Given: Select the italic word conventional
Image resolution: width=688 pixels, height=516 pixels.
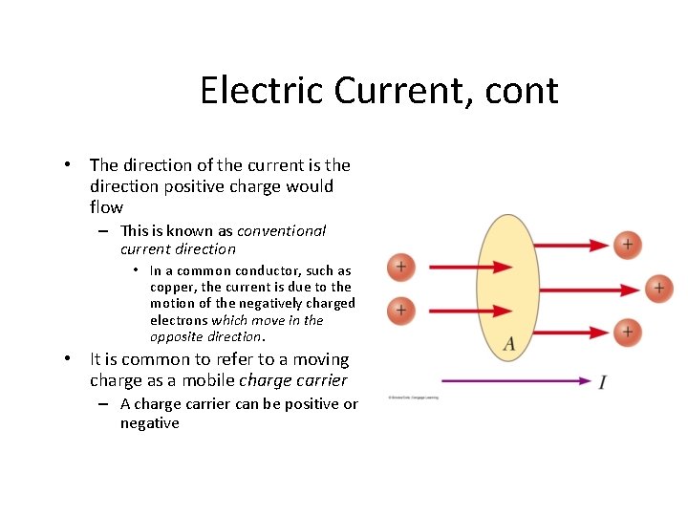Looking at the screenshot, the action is (x=282, y=230).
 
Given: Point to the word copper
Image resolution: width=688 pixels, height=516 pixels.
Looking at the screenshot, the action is (x=172, y=287).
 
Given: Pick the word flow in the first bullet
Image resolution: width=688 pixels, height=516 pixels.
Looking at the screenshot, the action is (x=106, y=207).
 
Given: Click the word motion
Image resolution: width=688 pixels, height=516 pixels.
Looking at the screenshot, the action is (x=171, y=303).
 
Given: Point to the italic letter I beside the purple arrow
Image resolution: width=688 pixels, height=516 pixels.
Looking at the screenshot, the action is (x=602, y=382).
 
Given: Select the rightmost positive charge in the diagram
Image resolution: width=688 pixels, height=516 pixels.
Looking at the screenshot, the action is (x=658, y=287).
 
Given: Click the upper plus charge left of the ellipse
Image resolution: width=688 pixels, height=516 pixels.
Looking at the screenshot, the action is (x=400, y=267).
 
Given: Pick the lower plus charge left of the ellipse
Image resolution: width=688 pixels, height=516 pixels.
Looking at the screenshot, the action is (x=400, y=310).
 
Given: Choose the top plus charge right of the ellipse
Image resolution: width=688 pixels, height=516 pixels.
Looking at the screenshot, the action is (x=627, y=245).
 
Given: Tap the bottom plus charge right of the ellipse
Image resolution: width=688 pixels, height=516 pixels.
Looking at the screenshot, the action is (x=627, y=332).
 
